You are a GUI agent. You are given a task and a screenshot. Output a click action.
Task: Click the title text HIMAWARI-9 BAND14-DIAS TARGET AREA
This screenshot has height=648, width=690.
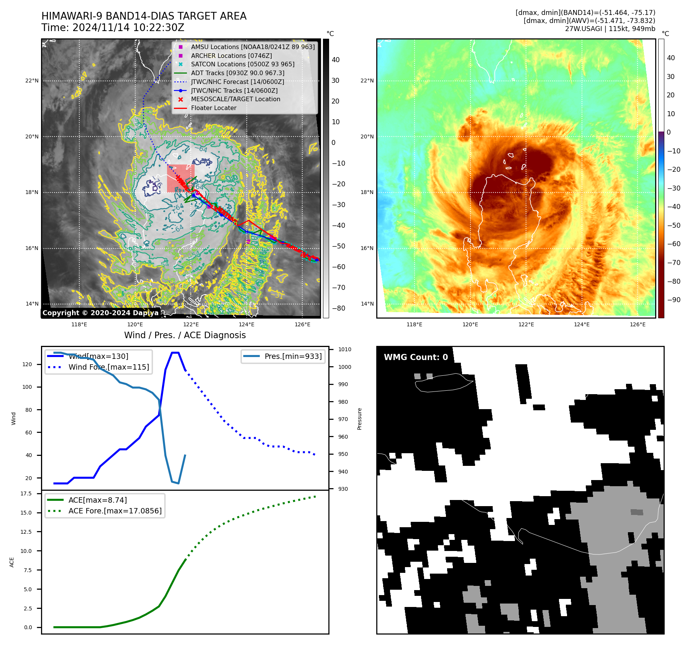[144, 16]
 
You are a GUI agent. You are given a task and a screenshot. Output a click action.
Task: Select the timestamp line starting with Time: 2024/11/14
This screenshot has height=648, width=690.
[113, 28]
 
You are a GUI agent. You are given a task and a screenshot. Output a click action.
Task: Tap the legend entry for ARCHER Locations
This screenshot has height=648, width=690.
[231, 56]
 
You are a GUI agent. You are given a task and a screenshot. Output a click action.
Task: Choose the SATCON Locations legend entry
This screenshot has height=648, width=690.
[243, 64]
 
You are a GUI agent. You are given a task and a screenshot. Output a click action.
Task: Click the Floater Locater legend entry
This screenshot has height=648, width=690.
[213, 108]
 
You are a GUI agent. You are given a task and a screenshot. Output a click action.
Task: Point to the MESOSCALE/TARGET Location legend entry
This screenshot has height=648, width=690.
[235, 99]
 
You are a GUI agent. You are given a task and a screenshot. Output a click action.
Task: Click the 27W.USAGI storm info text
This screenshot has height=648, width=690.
[610, 29]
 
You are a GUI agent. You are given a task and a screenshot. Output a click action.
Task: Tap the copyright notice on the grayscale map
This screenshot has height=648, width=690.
[100, 313]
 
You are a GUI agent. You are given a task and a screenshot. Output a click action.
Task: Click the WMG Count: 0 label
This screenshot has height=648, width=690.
[416, 357]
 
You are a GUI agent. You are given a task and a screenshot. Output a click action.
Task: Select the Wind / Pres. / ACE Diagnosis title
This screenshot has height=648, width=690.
[185, 335]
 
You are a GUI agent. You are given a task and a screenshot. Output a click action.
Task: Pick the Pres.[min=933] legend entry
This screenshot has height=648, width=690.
[293, 356]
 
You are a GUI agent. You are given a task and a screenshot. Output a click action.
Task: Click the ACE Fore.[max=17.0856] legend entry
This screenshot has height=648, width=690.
[115, 511]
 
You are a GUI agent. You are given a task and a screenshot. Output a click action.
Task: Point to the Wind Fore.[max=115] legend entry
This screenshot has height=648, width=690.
[108, 367]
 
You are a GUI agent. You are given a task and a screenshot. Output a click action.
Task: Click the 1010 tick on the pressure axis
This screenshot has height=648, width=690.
[344, 349]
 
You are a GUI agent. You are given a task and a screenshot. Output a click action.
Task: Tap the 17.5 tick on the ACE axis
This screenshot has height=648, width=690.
[26, 493]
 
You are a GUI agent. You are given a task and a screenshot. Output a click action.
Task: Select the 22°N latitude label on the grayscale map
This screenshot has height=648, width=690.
[32, 81]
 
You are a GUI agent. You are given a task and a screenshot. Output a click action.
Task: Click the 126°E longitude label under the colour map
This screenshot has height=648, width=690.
[638, 324]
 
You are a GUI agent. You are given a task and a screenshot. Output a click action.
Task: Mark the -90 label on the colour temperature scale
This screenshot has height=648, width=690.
[674, 300]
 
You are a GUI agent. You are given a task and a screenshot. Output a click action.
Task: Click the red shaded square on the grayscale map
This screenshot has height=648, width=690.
[180, 178]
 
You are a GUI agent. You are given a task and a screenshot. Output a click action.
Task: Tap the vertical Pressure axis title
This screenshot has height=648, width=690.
[359, 419]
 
